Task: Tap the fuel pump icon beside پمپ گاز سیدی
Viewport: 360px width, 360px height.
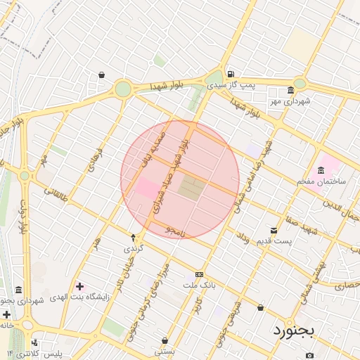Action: pyautogui.click(x=231, y=74)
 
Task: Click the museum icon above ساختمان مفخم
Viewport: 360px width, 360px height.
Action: pyautogui.click(x=321, y=169)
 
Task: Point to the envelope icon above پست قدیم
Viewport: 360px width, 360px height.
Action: pyautogui.click(x=274, y=230)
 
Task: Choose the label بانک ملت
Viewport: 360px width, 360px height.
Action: pyautogui.click(x=198, y=285)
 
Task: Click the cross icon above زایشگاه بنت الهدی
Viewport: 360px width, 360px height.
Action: pyautogui.click(x=79, y=286)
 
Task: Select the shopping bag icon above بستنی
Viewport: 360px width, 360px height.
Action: pyautogui.click(x=165, y=340)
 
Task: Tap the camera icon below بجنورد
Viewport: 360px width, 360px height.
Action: pyautogui.click(x=309, y=355)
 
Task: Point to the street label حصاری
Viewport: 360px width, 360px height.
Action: pyautogui.click(x=347, y=286)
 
